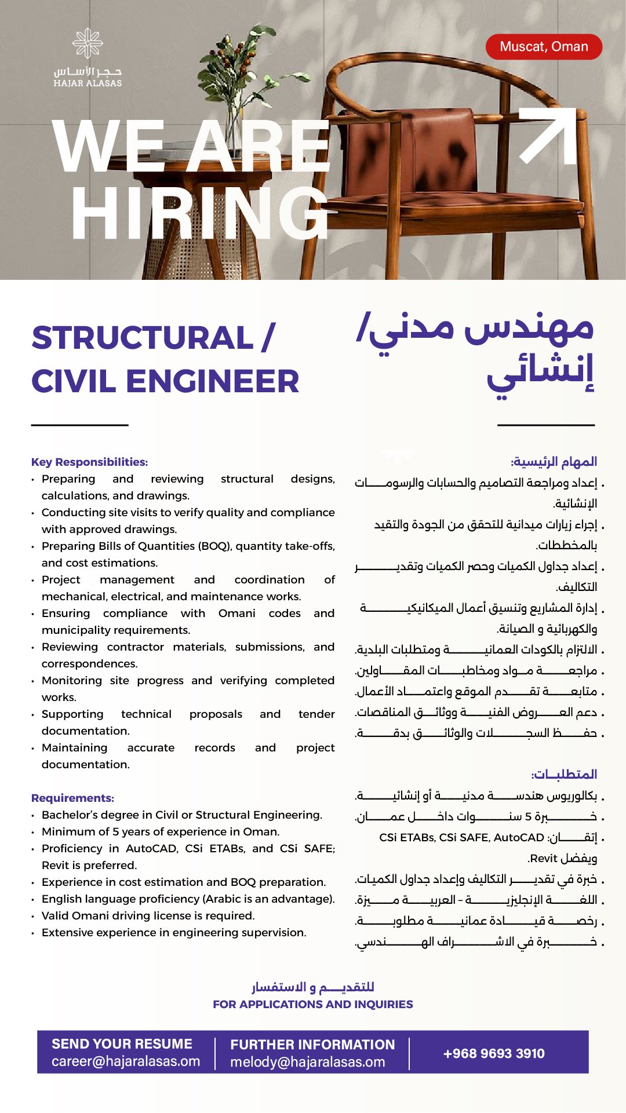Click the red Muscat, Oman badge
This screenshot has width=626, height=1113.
click(x=544, y=47)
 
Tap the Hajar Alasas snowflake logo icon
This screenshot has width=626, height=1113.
click(x=88, y=43)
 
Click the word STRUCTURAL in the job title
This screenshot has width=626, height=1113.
click(x=143, y=338)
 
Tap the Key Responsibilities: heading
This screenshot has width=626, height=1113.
click(x=89, y=462)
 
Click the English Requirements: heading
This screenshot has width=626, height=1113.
click(x=72, y=798)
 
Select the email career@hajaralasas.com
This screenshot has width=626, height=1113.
click(x=126, y=1061)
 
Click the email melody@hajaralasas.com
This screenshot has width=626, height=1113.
click(x=308, y=1062)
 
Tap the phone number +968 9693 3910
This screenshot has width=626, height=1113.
click(x=494, y=1053)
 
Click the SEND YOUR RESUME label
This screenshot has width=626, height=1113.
click(x=122, y=1043)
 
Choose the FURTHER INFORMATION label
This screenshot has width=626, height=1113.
click(x=312, y=1045)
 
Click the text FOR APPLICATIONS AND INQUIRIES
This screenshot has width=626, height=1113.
click(x=312, y=1004)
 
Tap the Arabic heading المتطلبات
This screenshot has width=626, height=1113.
click(x=564, y=774)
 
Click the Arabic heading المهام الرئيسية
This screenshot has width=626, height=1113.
click(x=554, y=462)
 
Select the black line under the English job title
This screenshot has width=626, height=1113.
click(x=79, y=425)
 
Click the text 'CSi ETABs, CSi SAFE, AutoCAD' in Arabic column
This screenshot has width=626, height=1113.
click(x=461, y=837)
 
